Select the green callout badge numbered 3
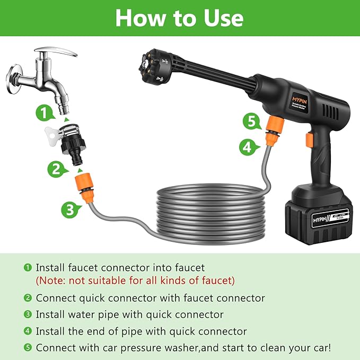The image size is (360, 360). point(67,210)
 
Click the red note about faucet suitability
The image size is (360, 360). point(135,280)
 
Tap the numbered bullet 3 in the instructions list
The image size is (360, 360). point(27,314)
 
